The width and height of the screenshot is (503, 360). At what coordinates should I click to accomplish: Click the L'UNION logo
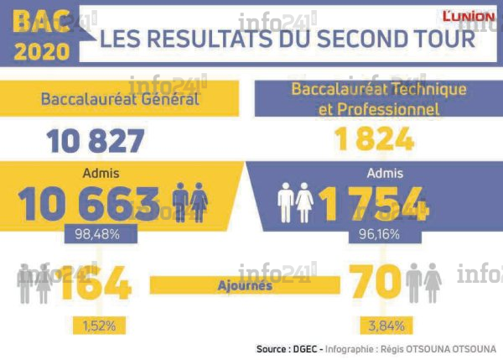pos(469,16)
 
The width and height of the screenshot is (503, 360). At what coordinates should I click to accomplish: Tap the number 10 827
pos(96,141)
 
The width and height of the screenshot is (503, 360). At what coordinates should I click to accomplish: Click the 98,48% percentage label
pos(93,236)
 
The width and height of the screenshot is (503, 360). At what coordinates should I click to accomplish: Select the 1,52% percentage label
pos(98,326)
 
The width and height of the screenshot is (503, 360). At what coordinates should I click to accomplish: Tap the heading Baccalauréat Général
pos(120,99)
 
